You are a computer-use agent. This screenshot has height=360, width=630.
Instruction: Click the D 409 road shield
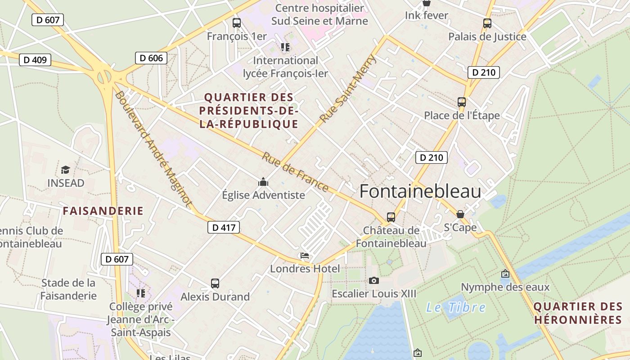coord(35,60)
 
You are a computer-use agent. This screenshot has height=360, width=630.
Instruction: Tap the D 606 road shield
coord(151,58)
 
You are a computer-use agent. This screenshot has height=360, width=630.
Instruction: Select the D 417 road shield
coord(224,227)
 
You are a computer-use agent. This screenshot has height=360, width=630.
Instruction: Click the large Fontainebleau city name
coord(420,191)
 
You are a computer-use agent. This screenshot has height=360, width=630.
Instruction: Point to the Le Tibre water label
coord(456,308)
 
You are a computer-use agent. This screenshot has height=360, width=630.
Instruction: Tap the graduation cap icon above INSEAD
coord(66,170)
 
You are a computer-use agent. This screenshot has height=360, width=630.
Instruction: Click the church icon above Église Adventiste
coord(263,182)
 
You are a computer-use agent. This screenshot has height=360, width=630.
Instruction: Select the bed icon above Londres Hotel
coord(305,256)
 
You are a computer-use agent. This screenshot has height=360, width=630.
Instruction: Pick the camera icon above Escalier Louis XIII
coord(373,281)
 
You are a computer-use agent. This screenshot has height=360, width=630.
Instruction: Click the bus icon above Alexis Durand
coord(215,283)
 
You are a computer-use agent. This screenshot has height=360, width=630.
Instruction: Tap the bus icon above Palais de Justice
coord(487,23)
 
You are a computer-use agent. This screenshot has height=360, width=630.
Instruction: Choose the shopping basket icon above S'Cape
coord(460,214)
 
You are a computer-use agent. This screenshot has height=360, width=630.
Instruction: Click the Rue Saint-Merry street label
coord(347,89)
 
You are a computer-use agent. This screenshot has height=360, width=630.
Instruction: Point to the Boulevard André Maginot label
coord(153,148)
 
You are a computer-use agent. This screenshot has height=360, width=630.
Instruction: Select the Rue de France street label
coord(295,171)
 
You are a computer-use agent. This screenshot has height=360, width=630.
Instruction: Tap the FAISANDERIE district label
coord(103,211)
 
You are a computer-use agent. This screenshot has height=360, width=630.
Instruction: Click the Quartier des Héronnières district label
coord(578,313)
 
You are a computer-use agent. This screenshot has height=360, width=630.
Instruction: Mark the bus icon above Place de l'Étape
coord(462,102)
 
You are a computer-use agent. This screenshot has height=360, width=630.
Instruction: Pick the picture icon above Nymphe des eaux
coord(505,274)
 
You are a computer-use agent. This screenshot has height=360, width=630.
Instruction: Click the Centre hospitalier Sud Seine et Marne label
coord(319,14)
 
